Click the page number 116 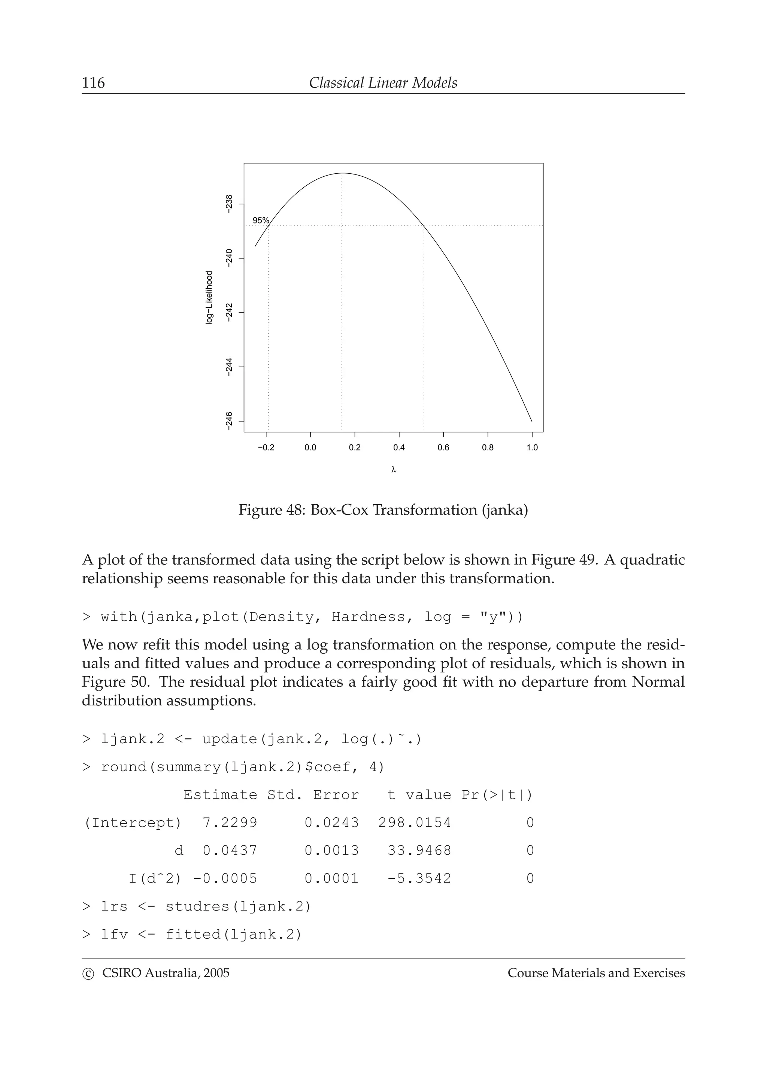click(94, 83)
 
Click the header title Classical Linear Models click(383, 83)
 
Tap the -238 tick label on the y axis click(229, 204)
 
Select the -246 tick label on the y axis click(229, 421)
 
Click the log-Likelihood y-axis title click(209, 298)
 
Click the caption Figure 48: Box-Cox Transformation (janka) click(383, 510)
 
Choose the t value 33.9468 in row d click(419, 851)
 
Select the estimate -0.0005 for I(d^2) click(225, 878)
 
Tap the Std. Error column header click(313, 795)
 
